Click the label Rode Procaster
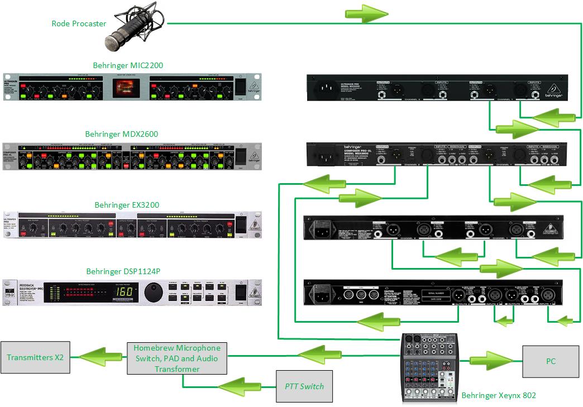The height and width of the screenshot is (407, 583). click(x=79, y=23)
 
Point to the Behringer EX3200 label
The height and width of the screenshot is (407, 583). click(x=127, y=205)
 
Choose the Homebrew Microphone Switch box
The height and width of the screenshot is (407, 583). click(x=177, y=358)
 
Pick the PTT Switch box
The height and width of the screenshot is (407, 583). click(x=304, y=386)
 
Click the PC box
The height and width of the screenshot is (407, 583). click(x=551, y=361)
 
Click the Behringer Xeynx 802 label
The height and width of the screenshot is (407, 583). click(x=499, y=395)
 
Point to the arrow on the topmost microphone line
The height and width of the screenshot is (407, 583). click(x=367, y=13)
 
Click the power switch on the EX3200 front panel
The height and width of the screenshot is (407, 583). click(x=240, y=224)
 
